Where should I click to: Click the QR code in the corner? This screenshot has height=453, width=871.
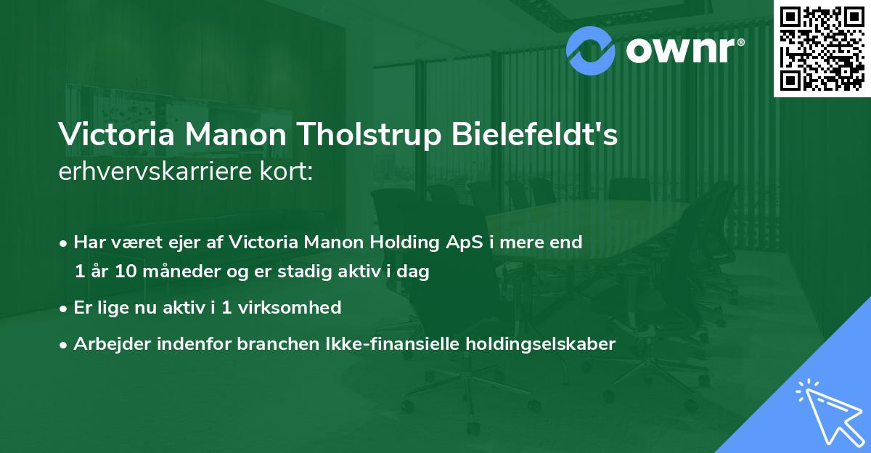[x=822, y=48]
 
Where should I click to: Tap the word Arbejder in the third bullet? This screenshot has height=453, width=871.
[x=106, y=344]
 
